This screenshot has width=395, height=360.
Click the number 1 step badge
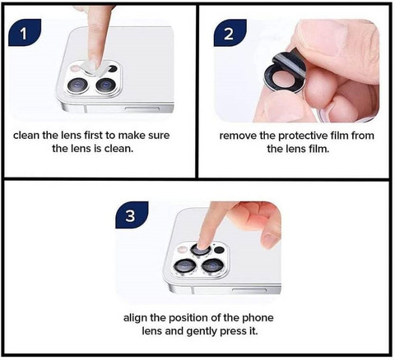pos(25,32)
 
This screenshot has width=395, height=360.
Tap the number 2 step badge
pos(230,32)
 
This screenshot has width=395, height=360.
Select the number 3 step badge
pos(132,215)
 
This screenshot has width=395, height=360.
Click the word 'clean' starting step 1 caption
pos(26,136)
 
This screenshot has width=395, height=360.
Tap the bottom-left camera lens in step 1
pos(77,85)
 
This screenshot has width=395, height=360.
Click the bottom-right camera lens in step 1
pos(105,85)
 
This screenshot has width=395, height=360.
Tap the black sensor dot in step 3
pos(219,250)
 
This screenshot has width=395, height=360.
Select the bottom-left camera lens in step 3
pos(184,265)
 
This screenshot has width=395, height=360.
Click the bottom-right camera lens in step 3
pos(213,265)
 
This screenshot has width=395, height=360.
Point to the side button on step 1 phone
pos(142,109)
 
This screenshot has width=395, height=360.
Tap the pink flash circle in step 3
pos(182,250)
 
